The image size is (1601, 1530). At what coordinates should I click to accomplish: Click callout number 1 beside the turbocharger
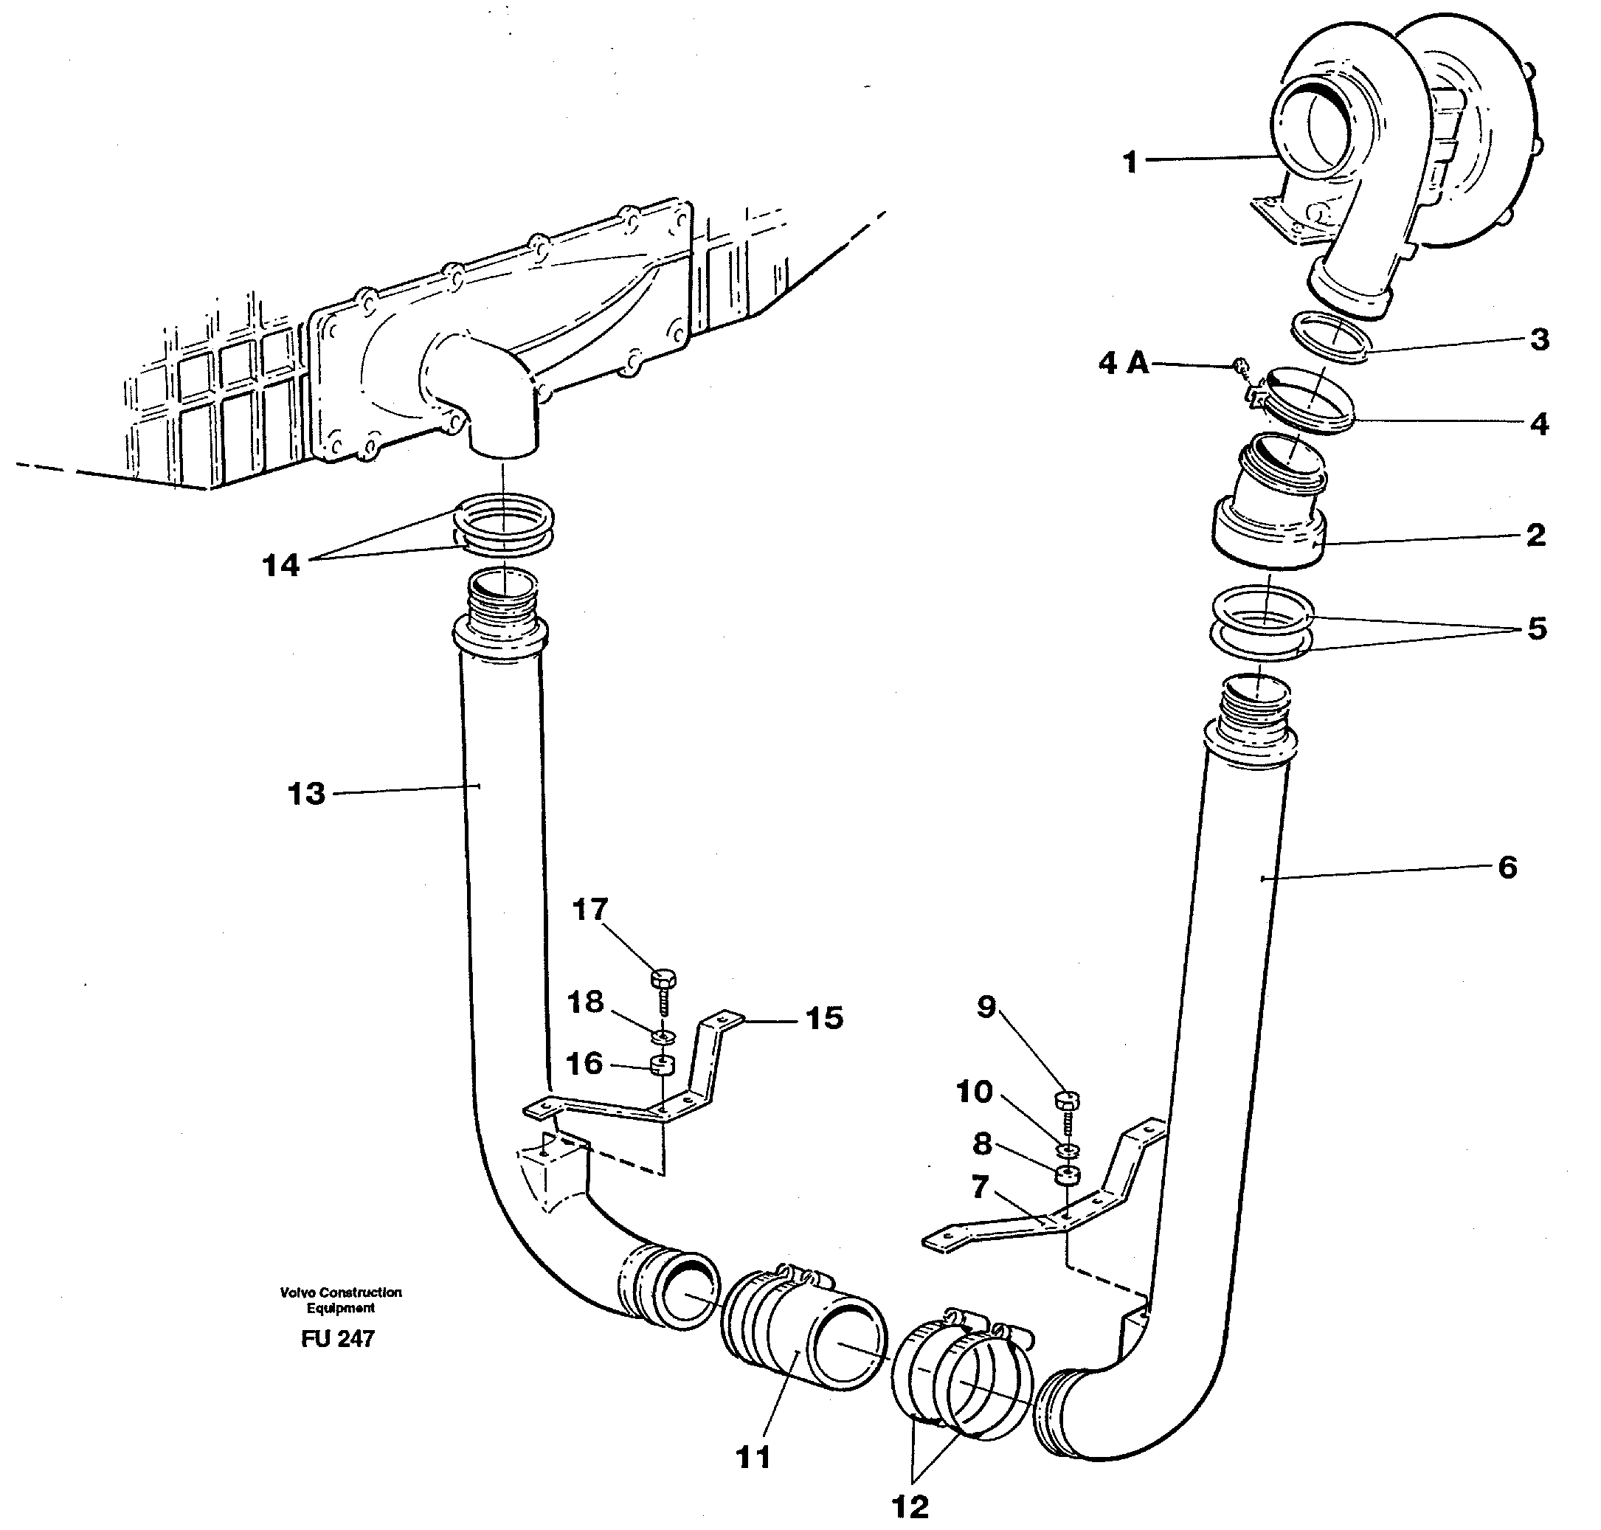(x=1130, y=162)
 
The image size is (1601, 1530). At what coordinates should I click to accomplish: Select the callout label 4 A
(x=1123, y=363)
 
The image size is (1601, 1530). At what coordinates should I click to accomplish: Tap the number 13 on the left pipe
(x=306, y=794)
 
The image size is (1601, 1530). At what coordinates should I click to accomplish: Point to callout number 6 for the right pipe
(x=1508, y=867)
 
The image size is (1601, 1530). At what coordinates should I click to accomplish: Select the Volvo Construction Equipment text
(x=340, y=1299)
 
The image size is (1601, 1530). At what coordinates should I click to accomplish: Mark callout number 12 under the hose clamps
(x=910, y=1506)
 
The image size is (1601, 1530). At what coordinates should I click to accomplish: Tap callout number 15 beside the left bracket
(x=824, y=1018)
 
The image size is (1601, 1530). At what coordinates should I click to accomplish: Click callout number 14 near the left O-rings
(x=280, y=565)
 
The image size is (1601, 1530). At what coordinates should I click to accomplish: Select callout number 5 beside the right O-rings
(x=1537, y=628)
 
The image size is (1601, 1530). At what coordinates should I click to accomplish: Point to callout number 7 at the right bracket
(x=981, y=1187)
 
